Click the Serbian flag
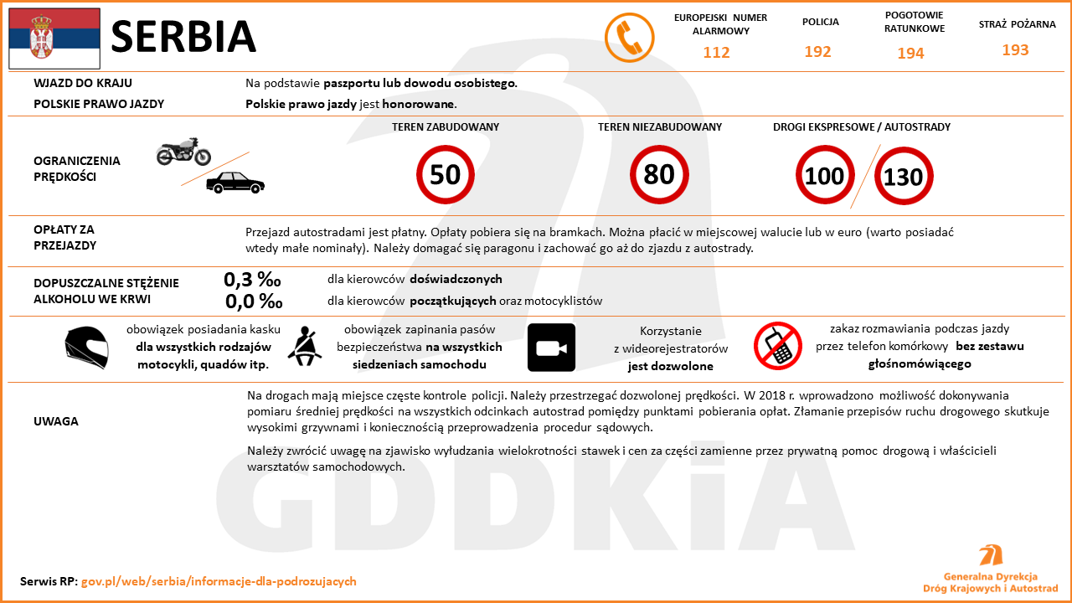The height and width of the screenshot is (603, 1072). tap(54, 39)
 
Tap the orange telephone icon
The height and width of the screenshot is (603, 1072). tap(629, 38)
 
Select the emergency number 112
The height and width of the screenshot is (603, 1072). tap(716, 53)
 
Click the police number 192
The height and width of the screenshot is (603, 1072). tap(817, 52)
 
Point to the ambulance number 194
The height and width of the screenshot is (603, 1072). tap(910, 54)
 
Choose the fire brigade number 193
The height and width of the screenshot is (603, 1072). tap(1015, 50)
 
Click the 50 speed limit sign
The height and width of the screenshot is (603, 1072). tap(446, 175)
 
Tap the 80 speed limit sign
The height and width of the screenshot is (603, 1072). tap(659, 175)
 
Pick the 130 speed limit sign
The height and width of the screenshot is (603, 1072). tap(904, 177)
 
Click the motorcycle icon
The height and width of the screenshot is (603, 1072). tap(183, 152)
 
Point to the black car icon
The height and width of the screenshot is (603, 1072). tap(235, 183)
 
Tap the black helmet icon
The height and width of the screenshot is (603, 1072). tap(86, 348)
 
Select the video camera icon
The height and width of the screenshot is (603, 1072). tap(551, 348)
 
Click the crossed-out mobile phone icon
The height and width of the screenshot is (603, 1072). tap(778, 346)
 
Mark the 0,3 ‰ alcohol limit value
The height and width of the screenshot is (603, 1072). tap(252, 280)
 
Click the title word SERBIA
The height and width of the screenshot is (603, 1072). tap(183, 37)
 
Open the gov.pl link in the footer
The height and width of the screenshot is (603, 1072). tap(219, 581)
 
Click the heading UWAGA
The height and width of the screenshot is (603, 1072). tap(56, 421)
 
